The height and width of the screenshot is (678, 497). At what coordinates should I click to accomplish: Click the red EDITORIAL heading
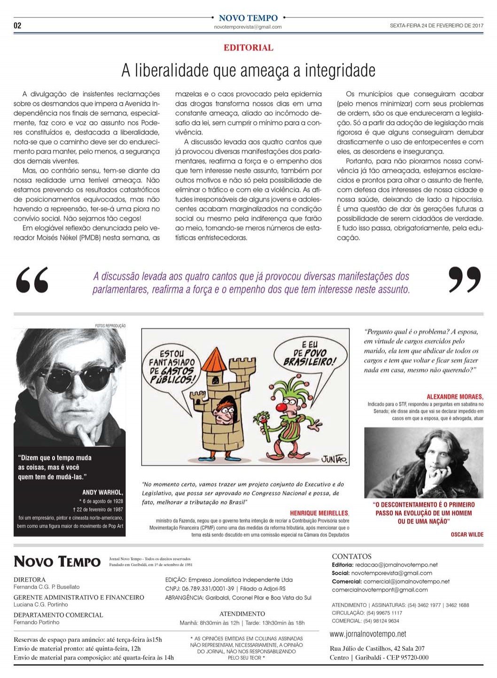tap(248, 47)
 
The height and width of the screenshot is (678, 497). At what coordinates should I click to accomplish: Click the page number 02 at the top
tap(17, 25)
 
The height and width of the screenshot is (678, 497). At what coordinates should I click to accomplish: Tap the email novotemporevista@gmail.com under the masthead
tap(248, 27)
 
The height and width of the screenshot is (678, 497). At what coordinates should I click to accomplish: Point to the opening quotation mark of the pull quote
tap(32, 280)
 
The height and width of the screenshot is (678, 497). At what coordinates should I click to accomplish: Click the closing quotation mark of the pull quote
tap(465, 280)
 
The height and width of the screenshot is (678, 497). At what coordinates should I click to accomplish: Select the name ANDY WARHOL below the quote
tap(102, 492)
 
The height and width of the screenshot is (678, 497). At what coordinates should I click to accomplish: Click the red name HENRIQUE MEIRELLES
tap(319, 513)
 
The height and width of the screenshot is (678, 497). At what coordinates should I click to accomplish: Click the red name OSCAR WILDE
tap(467, 534)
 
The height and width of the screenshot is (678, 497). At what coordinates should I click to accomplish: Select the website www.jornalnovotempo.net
tap(368, 634)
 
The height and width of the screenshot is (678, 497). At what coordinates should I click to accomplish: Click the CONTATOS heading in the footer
tap(351, 556)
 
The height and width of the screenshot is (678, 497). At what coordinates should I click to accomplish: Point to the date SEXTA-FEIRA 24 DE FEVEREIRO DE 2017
tap(436, 26)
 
